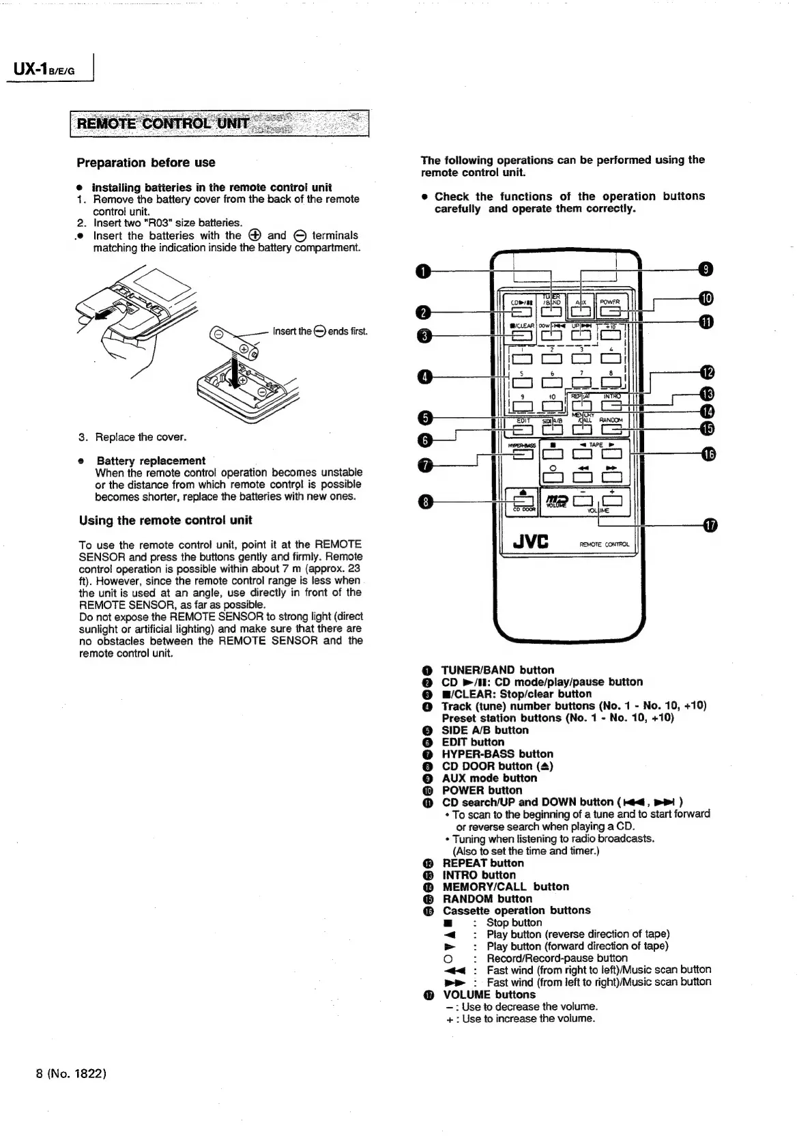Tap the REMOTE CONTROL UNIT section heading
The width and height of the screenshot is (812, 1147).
164,124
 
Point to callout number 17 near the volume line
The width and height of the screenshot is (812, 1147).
710,525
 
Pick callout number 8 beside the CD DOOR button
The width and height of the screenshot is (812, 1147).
424,502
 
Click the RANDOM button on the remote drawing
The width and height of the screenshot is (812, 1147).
611,429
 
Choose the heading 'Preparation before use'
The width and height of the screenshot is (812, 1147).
146,162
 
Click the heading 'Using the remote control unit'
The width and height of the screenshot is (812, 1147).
166,520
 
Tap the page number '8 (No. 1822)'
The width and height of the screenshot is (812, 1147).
70,1073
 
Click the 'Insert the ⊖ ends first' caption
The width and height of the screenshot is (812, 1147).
320,332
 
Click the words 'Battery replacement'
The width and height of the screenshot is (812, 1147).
151,461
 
